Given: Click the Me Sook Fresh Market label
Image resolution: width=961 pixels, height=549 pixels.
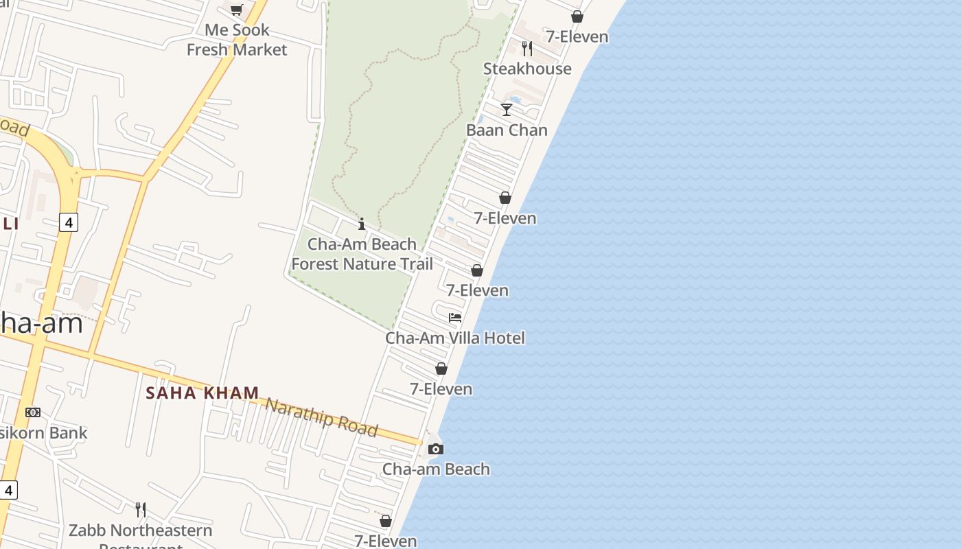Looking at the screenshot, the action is click(237, 40).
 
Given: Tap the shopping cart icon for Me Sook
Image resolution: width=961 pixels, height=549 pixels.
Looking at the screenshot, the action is click(237, 10).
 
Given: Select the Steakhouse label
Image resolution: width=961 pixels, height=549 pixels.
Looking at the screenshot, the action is click(527, 69).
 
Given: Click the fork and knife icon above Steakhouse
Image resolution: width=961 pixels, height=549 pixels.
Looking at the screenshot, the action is click(527, 48).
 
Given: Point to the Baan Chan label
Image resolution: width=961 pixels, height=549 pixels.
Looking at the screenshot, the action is click(507, 130).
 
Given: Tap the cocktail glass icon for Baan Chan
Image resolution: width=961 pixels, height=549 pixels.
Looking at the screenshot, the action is click(507, 110).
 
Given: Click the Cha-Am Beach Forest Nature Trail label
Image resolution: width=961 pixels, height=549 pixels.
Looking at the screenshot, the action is click(362, 254).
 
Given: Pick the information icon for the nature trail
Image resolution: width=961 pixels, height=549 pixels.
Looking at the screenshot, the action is click(362, 224).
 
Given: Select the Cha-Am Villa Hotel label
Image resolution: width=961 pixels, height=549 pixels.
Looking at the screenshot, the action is click(454, 338).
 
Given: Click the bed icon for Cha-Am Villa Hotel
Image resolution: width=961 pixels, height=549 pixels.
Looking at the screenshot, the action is click(455, 318).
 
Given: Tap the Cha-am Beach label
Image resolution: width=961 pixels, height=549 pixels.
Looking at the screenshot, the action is click(436, 469).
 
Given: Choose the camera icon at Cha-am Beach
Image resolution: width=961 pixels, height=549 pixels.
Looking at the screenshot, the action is click(435, 449).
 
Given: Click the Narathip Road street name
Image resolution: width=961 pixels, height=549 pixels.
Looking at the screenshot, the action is click(321, 416).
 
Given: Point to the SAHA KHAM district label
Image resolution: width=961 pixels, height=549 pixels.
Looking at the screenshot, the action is click(202, 393).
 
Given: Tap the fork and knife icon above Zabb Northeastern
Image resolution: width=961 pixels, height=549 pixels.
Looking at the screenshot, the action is click(141, 510).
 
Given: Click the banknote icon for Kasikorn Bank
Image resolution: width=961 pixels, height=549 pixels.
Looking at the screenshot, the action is click(32, 412).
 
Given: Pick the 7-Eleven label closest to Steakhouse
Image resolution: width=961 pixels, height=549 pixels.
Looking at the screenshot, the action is click(577, 36).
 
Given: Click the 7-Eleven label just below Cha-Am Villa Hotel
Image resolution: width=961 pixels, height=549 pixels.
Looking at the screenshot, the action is click(441, 389).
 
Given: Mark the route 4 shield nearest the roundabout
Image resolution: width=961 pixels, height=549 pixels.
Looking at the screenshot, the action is click(68, 222).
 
